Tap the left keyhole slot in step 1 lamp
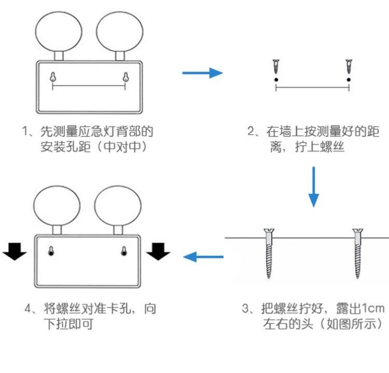[53, 77]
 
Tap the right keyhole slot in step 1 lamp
[125, 77]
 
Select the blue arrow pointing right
[202, 73]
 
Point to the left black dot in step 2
[276, 79]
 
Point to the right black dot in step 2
[349, 79]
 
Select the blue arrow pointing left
[204, 256]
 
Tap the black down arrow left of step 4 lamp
[15, 252]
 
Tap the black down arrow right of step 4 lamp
[158, 252]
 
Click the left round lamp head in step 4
[57, 206]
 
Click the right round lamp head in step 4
[117, 206]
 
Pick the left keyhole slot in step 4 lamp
[51, 251]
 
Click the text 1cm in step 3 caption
[373, 309]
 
